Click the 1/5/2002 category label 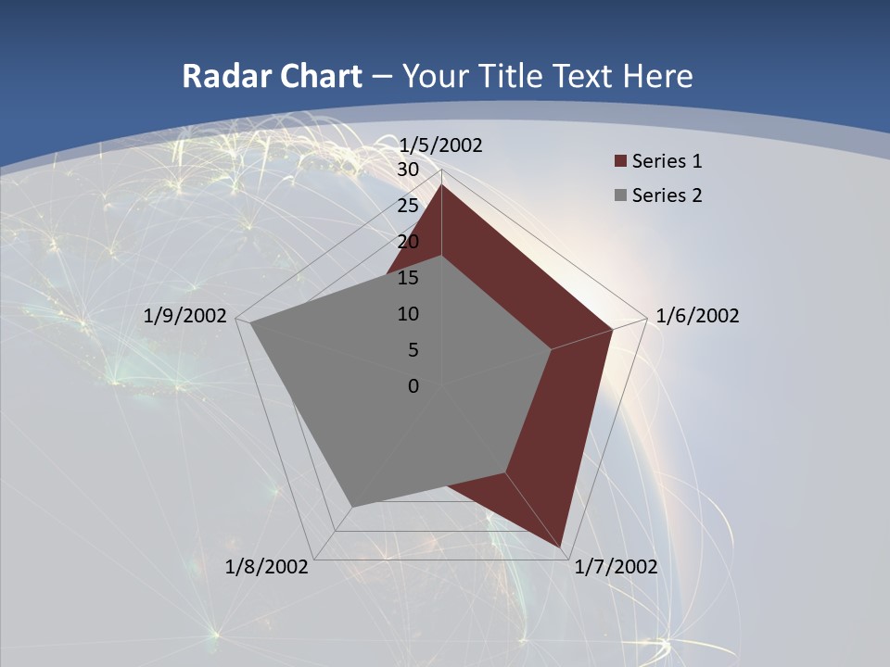pos(440,145)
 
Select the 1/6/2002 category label pos(697,316)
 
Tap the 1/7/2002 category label pos(616,567)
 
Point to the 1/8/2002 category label pos(267,567)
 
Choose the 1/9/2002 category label pos(185,316)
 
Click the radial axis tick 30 pos(407,170)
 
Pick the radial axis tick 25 pos(407,206)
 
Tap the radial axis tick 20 pos(407,242)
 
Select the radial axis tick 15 pos(407,278)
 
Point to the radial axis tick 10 pos(407,314)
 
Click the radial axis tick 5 pos(413,350)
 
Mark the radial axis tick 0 pos(413,386)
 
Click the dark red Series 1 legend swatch pos(620,161)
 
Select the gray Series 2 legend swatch pos(620,195)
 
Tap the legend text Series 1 pos(667,161)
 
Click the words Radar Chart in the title pos(272,76)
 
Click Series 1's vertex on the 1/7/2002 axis pos(562,547)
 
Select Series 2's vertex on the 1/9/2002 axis pos(250,323)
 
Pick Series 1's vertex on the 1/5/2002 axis pos(441,185)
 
